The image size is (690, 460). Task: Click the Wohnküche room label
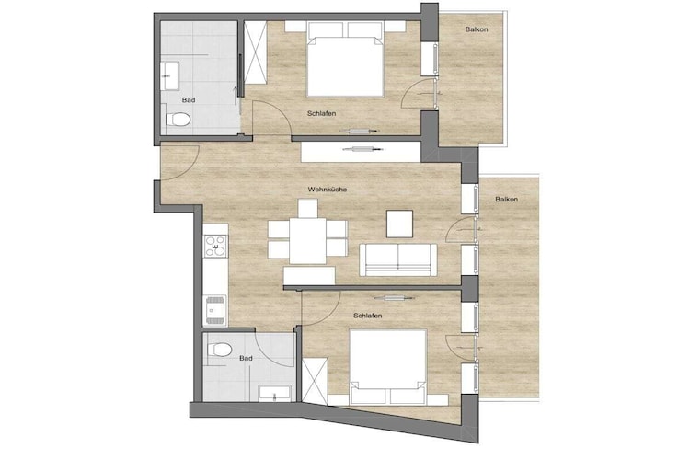tap(328, 190)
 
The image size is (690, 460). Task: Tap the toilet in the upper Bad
tap(178, 119)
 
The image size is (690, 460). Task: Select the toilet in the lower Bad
tap(219, 351)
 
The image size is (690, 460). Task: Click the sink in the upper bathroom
tap(170, 76)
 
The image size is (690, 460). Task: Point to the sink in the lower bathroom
tap(274, 393)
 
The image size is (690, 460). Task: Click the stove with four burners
tap(215, 246)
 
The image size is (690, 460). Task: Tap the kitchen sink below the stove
tap(215, 310)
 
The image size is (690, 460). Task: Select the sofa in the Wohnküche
tap(398, 259)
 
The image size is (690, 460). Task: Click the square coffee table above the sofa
tap(399, 224)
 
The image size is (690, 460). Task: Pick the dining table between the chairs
tap(307, 241)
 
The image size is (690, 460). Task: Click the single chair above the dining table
tap(307, 209)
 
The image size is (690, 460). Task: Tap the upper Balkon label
tap(477, 29)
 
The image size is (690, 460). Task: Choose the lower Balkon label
tap(507, 200)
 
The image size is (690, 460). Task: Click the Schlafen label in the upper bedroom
tap(322, 113)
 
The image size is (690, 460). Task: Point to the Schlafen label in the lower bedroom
tap(368, 316)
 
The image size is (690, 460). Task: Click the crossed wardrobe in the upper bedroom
tap(255, 52)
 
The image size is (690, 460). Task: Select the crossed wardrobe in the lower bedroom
tap(315, 381)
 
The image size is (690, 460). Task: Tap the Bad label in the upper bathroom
tap(189, 100)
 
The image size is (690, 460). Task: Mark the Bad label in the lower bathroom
tap(246, 358)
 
